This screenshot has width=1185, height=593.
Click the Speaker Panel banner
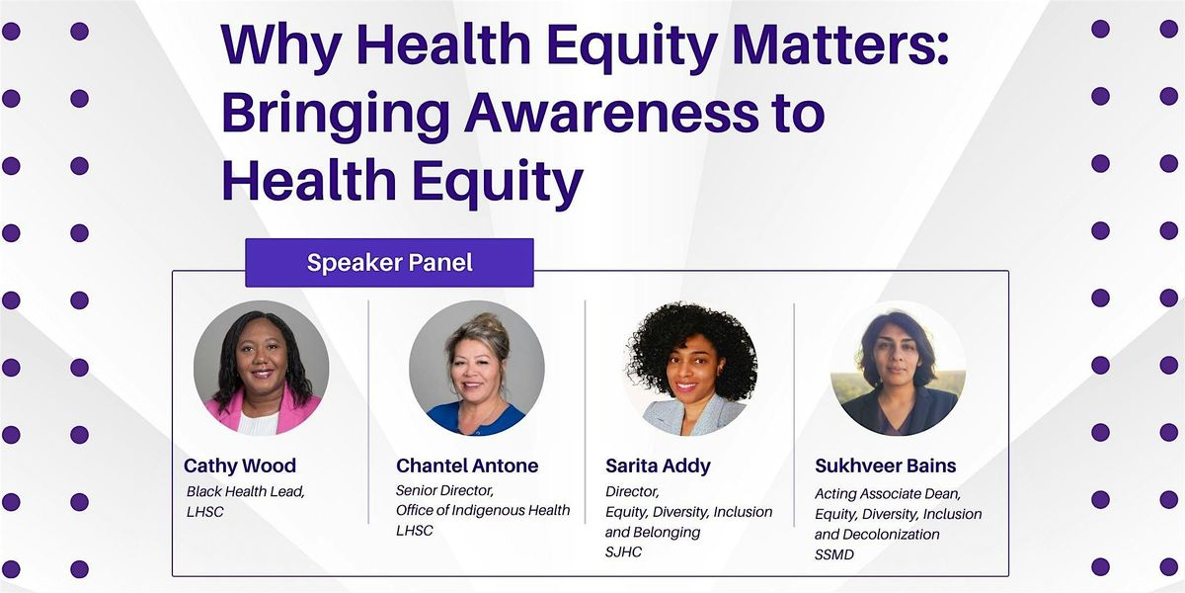(x=389, y=263)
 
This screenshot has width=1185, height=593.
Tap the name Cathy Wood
(x=240, y=466)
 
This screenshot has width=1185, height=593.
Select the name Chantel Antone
(x=467, y=466)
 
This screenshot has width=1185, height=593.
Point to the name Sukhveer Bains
(x=886, y=466)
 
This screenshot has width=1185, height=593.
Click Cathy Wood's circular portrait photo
(x=261, y=368)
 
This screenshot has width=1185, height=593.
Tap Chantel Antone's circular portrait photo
(x=477, y=368)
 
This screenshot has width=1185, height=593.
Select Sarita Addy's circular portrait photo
(x=691, y=368)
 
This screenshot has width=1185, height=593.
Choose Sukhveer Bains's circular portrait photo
(x=898, y=368)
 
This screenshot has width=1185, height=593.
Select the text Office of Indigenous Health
(x=483, y=510)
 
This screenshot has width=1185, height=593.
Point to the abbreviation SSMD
(x=835, y=555)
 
